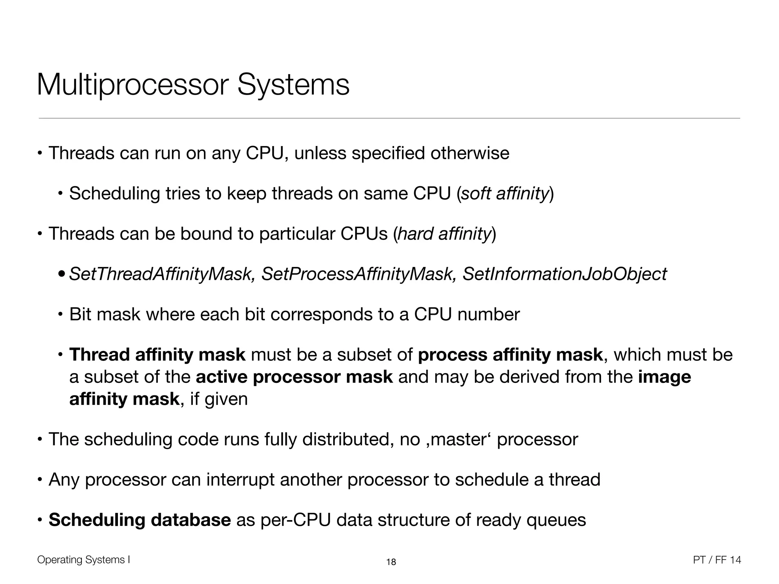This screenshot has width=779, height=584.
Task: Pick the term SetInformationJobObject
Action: tap(564, 274)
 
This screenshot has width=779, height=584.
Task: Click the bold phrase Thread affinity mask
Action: tap(157, 355)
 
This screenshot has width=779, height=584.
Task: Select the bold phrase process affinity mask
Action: tap(510, 355)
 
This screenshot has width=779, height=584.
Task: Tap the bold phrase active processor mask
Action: tap(294, 377)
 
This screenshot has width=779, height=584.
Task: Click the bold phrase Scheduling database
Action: tap(140, 520)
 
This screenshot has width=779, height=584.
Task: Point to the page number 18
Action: tap(391, 562)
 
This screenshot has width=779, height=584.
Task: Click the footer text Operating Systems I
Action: tap(84, 560)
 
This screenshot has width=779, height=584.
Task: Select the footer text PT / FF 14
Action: tap(717, 560)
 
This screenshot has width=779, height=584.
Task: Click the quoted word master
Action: tap(461, 440)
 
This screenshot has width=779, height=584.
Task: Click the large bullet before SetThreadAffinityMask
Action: tap(62, 275)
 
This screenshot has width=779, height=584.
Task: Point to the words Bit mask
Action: tap(105, 314)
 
